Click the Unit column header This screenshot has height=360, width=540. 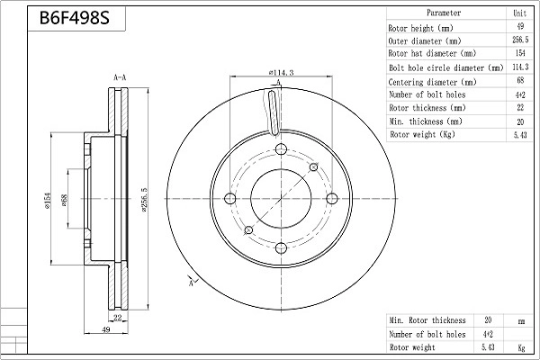(520, 13)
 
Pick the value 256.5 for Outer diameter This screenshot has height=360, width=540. (520, 40)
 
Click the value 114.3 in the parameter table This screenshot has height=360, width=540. (520, 67)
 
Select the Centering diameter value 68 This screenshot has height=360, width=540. (520, 80)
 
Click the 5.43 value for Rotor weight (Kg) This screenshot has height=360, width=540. (520, 134)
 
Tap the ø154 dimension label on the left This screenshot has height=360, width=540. (49, 200)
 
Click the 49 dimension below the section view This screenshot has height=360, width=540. (105, 331)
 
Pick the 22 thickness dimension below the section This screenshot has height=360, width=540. (118, 318)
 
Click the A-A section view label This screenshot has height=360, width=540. (119, 79)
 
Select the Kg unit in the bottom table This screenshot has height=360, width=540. (520, 346)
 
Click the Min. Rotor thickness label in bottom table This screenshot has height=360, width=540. (427, 319)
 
